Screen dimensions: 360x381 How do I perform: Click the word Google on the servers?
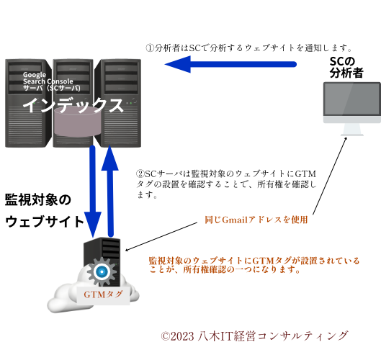[x=34, y=75]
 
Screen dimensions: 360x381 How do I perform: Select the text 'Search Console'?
[x=48, y=81]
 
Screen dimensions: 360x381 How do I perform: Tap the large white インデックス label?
[x=73, y=105]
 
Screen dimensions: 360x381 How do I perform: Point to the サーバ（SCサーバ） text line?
[x=51, y=88]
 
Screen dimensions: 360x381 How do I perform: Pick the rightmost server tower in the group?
[x=121, y=108]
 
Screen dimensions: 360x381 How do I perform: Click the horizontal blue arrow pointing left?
[x=230, y=64]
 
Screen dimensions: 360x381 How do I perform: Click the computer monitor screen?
[x=351, y=102]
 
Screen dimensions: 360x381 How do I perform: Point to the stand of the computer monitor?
[x=351, y=130]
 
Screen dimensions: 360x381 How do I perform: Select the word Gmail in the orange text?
[x=235, y=220]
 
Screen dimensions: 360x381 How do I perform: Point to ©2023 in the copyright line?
[x=177, y=336]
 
